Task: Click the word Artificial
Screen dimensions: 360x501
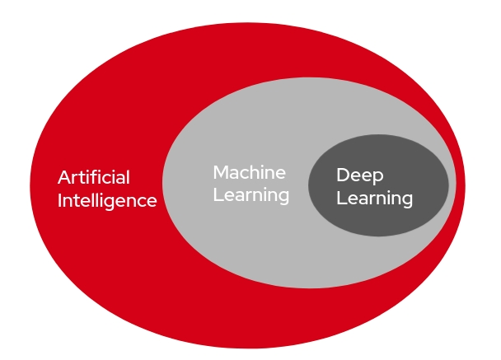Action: (94, 177)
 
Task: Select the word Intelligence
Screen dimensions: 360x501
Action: (107, 200)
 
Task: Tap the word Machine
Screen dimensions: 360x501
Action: (249, 172)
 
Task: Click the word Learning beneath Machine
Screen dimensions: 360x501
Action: (250, 195)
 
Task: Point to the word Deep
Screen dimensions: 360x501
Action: (360, 175)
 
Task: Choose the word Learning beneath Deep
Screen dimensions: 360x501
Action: (374, 199)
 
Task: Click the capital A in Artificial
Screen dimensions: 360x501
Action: (63, 177)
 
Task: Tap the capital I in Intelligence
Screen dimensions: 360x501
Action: (60, 200)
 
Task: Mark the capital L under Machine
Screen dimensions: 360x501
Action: (217, 195)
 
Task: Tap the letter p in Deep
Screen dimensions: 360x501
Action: (378, 177)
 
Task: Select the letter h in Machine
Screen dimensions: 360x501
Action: (256, 172)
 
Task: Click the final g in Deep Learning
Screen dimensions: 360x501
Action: (406, 200)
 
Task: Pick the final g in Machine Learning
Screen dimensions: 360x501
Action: (283, 198)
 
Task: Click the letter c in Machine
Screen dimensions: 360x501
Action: (246, 173)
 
